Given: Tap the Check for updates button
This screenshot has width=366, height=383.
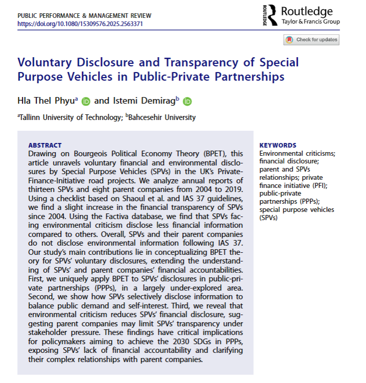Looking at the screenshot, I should tap(311, 40).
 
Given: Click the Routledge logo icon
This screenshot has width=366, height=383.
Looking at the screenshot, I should tap(272, 14).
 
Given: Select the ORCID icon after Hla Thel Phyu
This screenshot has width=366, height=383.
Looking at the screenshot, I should tap(85, 101).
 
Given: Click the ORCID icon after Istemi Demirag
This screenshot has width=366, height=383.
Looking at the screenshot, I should tap(187, 101).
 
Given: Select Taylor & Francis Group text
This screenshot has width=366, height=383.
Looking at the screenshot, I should tap(310, 22).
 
